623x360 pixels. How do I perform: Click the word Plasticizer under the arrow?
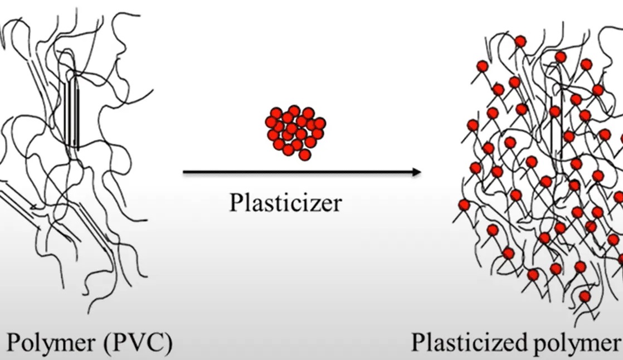(284, 203)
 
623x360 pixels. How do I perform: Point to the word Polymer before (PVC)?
(49, 344)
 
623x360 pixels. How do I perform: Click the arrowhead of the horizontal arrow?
(417, 173)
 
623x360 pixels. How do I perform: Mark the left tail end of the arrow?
(184, 173)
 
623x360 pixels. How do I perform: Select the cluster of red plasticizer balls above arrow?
(295, 130)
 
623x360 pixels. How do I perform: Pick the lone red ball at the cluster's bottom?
(304, 155)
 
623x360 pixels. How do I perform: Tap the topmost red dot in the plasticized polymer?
(520, 41)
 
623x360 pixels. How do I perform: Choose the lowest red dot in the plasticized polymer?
(585, 296)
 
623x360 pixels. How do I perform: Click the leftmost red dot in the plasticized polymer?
(464, 206)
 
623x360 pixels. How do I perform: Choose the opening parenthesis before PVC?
(108, 343)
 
